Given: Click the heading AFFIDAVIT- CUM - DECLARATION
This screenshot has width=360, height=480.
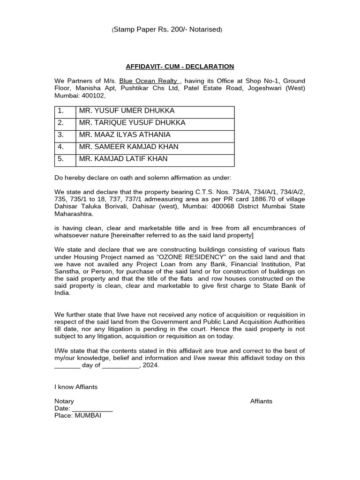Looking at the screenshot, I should (180, 67).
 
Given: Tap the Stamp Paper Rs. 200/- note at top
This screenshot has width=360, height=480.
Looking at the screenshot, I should (167, 30).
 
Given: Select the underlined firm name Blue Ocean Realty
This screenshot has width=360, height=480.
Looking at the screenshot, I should (148, 81).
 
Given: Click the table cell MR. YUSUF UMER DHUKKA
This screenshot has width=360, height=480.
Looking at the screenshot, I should (127, 111).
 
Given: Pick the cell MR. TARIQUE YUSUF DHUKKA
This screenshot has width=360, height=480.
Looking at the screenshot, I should (133, 123).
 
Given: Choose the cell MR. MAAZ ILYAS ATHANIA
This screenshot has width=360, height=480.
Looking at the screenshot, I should (125, 135).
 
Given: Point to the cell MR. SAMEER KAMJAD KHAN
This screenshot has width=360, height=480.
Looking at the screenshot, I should (129, 147).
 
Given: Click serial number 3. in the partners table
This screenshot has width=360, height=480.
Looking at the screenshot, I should (60, 135).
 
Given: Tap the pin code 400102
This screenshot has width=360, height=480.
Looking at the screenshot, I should (94, 96).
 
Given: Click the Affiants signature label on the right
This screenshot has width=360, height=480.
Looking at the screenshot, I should (261, 401).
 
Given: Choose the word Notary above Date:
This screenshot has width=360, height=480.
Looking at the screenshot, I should (64, 401).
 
